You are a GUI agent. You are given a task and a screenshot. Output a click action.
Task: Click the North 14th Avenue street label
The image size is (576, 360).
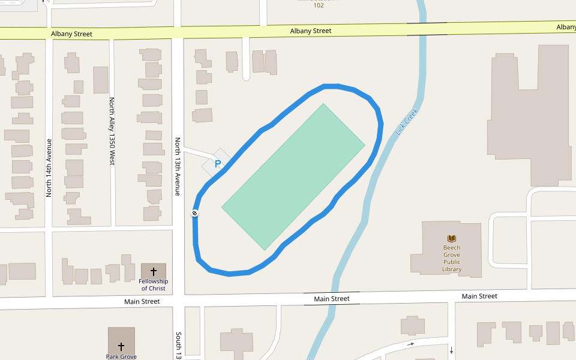pos(49,168)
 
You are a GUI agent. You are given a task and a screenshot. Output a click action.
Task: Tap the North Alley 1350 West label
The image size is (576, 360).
pos(112,131)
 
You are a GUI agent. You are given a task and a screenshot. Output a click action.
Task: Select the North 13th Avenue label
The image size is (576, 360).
pos(178,167)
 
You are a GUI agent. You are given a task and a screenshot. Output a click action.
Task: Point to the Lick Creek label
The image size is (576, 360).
pos(406,122)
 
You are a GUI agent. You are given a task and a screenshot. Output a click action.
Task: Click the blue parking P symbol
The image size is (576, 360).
pos(218,163)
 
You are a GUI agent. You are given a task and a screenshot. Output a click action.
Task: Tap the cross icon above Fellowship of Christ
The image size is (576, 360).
pos(154,271)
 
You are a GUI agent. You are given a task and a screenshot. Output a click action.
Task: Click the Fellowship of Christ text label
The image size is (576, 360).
pos(154,284)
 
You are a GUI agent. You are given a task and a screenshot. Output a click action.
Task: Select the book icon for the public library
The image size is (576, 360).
pos(452,239)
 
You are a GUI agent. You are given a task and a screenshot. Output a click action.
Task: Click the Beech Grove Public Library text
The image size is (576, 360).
pos(452,259)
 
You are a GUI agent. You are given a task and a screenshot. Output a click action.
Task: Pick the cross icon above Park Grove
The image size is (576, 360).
pos(121,346)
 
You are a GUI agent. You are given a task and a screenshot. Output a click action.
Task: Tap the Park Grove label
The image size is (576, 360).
pos(121,356)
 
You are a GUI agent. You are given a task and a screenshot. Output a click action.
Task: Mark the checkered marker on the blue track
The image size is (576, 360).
pos(195,213)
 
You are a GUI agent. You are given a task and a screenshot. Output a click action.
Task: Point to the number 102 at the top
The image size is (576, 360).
pos(319,5)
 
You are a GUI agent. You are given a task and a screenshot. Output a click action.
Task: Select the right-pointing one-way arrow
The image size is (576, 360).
pos(410,344)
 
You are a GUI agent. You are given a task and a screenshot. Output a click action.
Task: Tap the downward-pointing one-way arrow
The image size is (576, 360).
pos(451,350)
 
